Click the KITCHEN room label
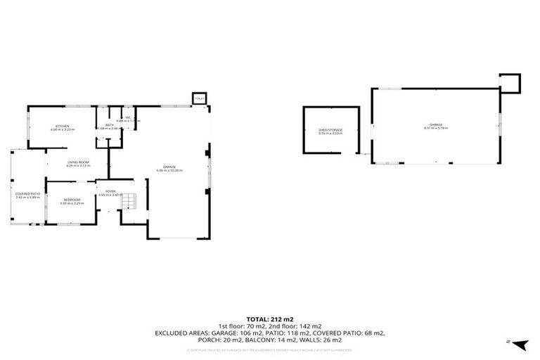tap(63, 127)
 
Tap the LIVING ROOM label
tap(77, 162)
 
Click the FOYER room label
tap(110, 191)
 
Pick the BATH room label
tap(110, 124)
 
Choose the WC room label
tap(128, 117)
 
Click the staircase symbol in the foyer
tap(127, 202)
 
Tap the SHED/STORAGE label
tap(330, 129)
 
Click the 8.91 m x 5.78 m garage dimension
tap(436, 129)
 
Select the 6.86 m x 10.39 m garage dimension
tap(169, 170)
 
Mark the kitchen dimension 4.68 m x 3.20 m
tap(63, 130)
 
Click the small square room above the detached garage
tap(509, 84)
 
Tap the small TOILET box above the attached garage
tap(200, 99)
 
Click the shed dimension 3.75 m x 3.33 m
tap(330, 133)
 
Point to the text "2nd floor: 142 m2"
tap(300, 327)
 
